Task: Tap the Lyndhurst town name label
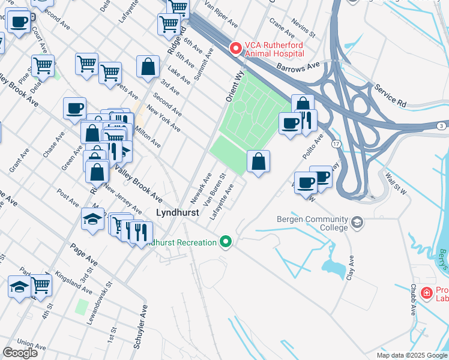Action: point(177,213)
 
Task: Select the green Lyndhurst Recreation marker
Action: point(226,242)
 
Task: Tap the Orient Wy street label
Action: point(235,86)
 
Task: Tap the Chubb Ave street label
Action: point(413,300)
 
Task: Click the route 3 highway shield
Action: point(441,125)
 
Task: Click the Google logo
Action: point(20,353)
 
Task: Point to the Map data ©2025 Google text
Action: point(411,355)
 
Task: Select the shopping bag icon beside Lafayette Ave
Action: point(258,162)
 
